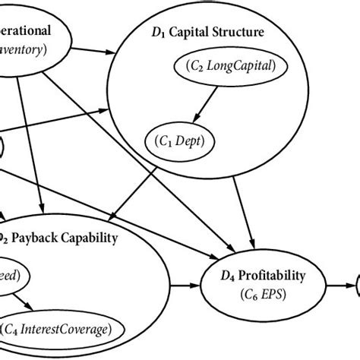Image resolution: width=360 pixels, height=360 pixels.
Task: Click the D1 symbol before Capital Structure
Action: click(x=158, y=33)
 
